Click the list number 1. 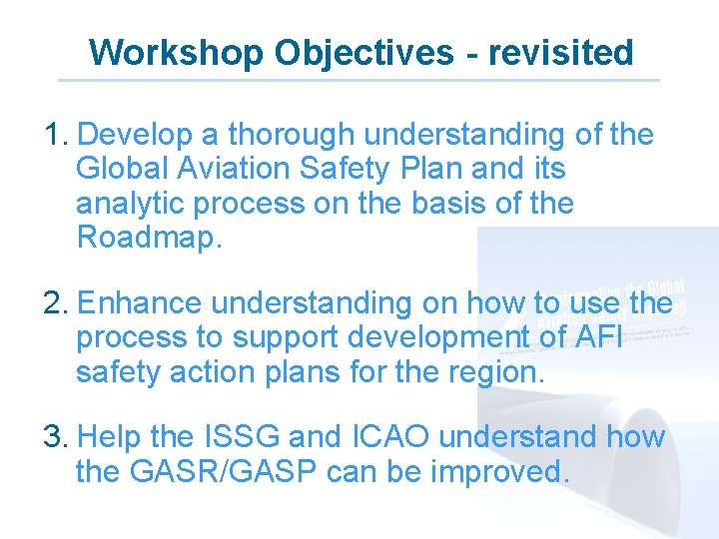coord(56,134)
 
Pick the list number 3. coord(56,436)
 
